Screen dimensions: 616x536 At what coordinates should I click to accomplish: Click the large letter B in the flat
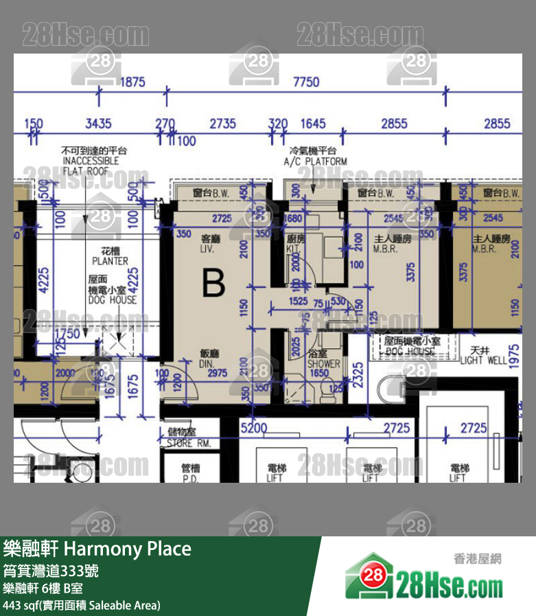[x=213, y=282]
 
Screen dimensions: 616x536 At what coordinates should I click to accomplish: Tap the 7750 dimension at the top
[x=306, y=82]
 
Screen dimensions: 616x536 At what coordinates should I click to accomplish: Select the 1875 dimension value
[x=132, y=82]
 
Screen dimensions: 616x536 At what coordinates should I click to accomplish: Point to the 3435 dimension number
[x=98, y=124]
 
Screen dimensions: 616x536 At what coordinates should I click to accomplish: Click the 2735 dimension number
[x=222, y=124]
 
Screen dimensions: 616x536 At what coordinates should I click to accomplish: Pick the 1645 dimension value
[x=313, y=124]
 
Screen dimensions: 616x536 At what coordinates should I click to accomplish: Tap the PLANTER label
[x=110, y=256]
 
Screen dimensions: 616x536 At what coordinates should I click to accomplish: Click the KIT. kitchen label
[x=295, y=244]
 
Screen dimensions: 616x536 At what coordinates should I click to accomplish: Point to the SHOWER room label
[x=323, y=359]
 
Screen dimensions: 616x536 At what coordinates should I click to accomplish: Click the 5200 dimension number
[x=254, y=428]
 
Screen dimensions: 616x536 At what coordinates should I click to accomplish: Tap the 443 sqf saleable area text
[x=82, y=605]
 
